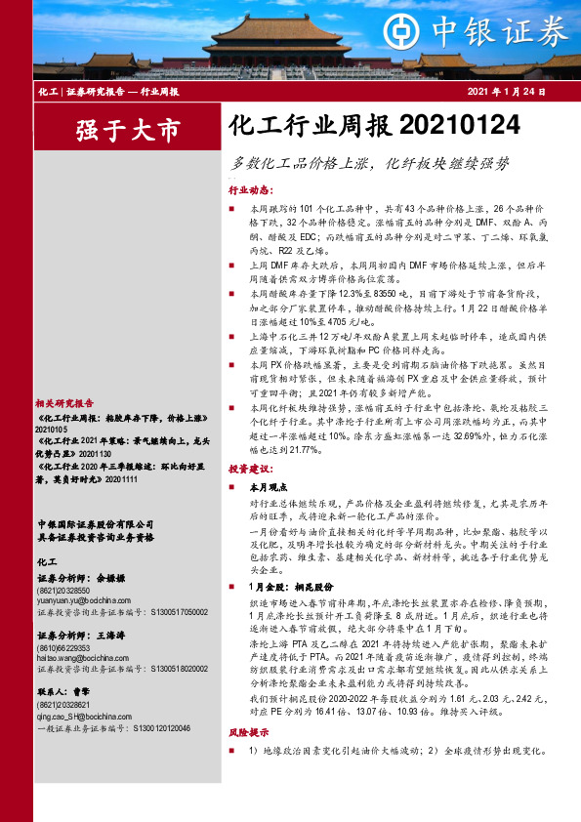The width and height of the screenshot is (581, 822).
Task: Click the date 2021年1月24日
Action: click(503, 92)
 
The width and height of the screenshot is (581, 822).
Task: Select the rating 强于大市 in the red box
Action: click(129, 128)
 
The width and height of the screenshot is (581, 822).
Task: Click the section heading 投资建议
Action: click(250, 469)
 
